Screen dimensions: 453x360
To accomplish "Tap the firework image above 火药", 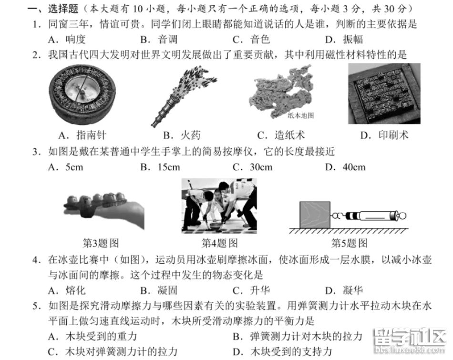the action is (183, 96).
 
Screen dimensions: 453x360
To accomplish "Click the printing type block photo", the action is (384, 93).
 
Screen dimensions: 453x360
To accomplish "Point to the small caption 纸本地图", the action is (300, 115).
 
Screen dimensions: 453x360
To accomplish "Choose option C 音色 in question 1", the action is (251, 39).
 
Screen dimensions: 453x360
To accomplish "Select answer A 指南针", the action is (82, 135).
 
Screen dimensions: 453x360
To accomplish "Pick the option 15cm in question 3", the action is (160, 167).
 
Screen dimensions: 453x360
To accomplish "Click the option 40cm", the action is (345, 167).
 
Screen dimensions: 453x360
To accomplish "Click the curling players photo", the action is (219, 206).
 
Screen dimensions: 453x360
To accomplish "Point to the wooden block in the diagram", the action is (315, 215).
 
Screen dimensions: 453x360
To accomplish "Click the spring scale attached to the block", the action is (369, 216).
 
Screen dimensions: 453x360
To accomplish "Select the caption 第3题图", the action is (101, 243).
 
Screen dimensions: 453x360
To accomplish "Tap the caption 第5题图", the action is (349, 243).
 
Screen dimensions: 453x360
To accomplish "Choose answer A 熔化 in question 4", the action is (67, 290).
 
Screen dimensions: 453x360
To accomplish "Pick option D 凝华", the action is (344, 290).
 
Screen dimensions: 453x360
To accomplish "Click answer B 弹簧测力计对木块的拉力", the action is (298, 336).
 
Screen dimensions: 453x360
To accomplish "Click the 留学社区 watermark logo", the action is (410, 340).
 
